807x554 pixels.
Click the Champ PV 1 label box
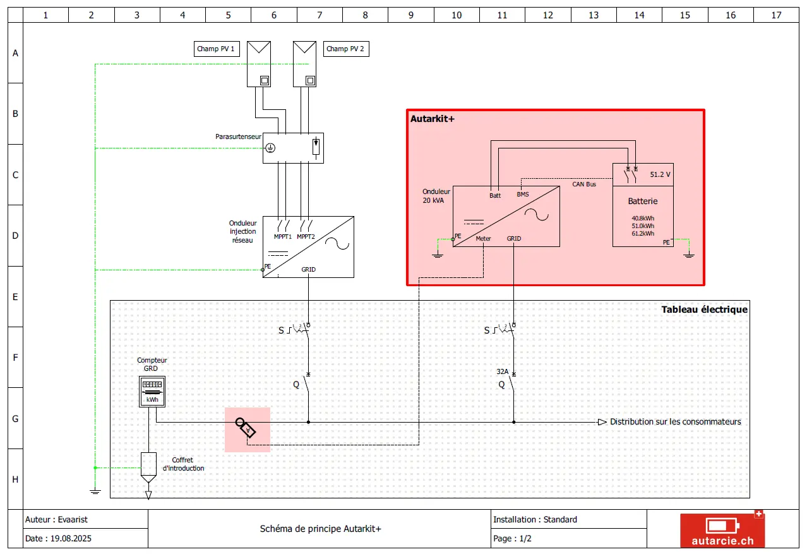[217, 49]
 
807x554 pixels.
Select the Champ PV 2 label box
[346, 49]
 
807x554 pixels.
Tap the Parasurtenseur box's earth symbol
[270, 148]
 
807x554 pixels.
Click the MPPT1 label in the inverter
[282, 237]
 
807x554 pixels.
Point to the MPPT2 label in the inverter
[306, 237]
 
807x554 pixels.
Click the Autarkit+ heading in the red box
[433, 119]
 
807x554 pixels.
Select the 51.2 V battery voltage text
[660, 174]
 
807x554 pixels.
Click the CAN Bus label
[584, 184]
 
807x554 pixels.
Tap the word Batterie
[643, 201]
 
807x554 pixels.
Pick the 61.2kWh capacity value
[643, 234]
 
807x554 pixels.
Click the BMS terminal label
[523, 195]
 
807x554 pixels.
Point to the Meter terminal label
[483, 239]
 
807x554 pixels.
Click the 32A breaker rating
[502, 371]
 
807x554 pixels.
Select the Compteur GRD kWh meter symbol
[152, 392]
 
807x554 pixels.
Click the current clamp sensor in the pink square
[246, 428]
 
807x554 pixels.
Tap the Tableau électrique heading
[704, 310]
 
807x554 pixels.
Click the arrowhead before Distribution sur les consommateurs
[602, 422]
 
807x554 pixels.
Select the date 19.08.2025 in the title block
[71, 538]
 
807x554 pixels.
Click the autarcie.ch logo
[722, 530]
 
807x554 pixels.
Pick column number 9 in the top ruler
[410, 15]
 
